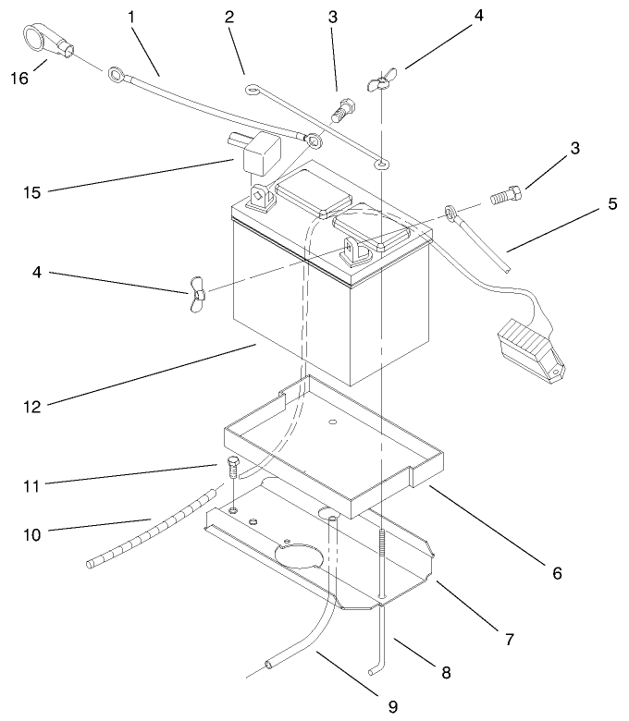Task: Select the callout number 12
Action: click(31, 402)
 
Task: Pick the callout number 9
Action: click(392, 706)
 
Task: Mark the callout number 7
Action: click(509, 638)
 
